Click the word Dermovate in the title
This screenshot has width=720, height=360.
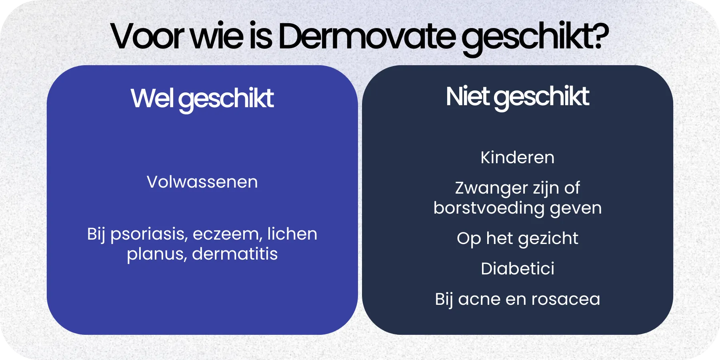coord(366,37)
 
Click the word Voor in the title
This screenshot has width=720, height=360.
coord(146,37)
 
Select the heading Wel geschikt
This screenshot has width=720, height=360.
coord(202,99)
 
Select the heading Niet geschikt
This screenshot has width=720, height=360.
coord(517,97)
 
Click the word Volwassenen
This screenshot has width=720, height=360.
coord(202,182)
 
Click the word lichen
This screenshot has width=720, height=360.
coord(292,234)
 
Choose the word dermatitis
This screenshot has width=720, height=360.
coord(235,254)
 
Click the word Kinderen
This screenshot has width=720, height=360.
coord(517,158)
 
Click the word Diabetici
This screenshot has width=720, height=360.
coord(517,269)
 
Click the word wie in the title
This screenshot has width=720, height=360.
coord(216,37)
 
